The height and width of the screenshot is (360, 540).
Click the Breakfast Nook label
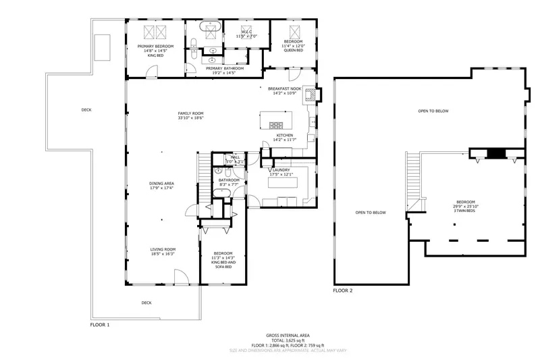[x=283, y=88]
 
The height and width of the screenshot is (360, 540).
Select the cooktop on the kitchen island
[x=277, y=124]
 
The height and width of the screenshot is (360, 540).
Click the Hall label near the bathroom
[x=235, y=157]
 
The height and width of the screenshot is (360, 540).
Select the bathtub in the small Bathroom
[x=223, y=193]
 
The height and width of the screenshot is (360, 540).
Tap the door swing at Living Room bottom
[x=181, y=277]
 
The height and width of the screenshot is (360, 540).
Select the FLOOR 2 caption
[x=343, y=290]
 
